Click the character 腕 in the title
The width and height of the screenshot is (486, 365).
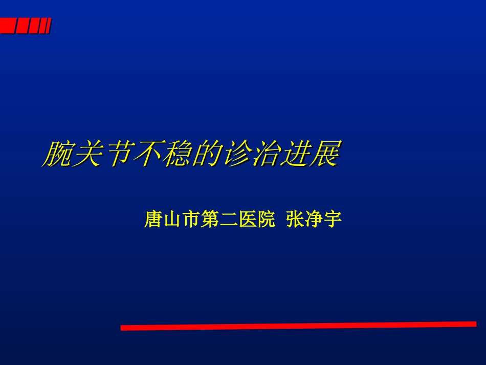[x=57, y=154]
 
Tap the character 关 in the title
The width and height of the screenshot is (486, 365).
[x=86, y=154]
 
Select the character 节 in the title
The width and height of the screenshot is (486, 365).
[x=116, y=154]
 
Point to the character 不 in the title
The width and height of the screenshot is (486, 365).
[x=146, y=154]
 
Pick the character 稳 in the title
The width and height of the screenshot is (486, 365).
[x=176, y=154]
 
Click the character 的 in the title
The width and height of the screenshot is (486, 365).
[x=206, y=154]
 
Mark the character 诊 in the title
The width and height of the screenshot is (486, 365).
[x=235, y=154]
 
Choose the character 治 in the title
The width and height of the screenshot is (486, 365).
[x=265, y=154]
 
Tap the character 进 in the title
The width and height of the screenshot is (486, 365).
[x=295, y=154]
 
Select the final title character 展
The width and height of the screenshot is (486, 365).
[x=324, y=154]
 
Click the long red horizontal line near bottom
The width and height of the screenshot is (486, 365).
[x=298, y=326]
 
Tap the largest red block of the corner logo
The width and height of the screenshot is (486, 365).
[x=7, y=26]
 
